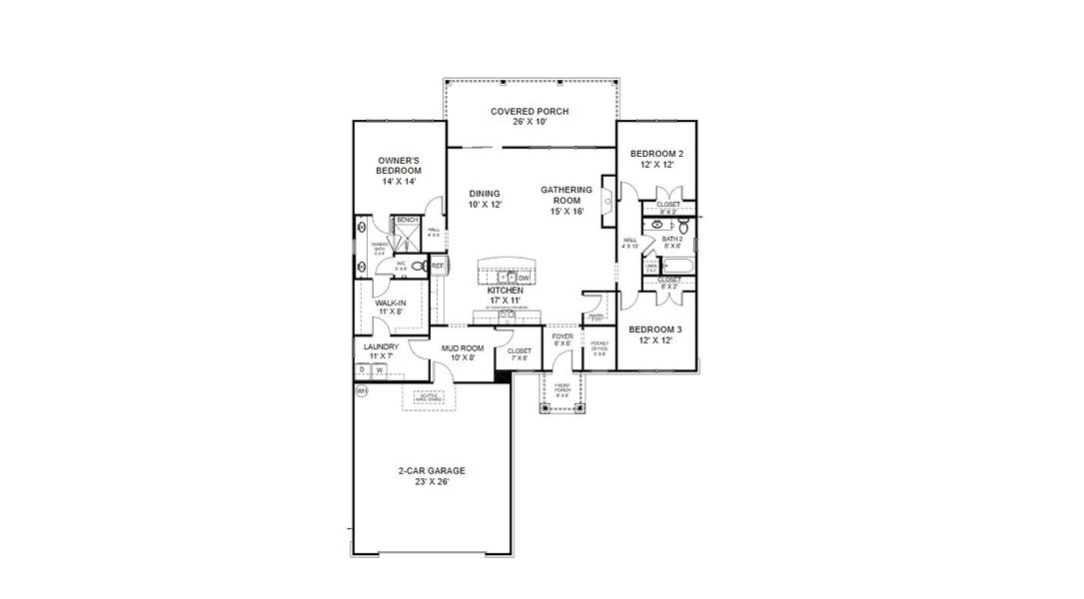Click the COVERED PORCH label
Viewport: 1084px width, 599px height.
[530, 111]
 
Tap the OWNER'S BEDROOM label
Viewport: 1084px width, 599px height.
[398, 166]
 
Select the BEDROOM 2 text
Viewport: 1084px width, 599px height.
[656, 153]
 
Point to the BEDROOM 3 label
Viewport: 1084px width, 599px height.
[656, 328]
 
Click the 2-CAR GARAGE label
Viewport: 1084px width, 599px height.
[432, 470]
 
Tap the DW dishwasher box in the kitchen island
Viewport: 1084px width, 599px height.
[524, 278]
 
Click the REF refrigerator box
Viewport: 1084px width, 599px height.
[438, 267]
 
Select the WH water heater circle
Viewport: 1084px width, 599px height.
[362, 391]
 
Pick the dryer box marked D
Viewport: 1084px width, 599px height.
[363, 369]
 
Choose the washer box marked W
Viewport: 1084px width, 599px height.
[379, 369]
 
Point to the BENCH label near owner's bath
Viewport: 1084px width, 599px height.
[407, 220]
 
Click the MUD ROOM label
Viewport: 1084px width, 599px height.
[463, 347]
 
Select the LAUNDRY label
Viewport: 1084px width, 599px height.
[381, 346]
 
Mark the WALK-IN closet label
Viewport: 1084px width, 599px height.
[390, 302]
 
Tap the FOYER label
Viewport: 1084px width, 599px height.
[563, 336]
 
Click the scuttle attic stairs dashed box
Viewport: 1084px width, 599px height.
[428, 398]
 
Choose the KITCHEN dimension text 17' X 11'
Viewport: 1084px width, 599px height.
[505, 299]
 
